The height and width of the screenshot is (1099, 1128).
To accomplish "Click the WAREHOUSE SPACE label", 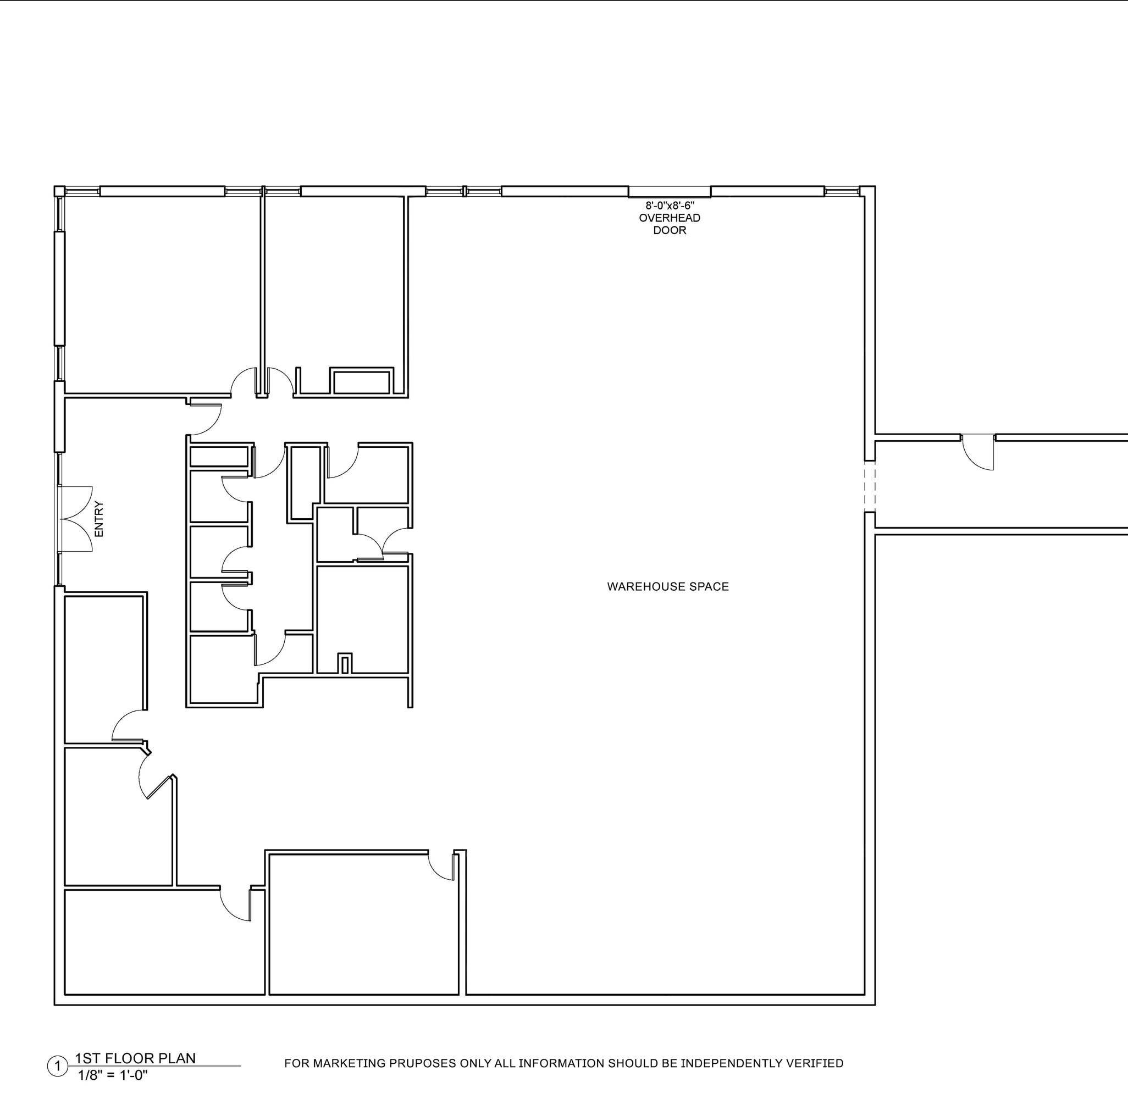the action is (x=668, y=586).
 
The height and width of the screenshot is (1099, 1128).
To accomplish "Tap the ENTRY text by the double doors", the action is (x=99, y=519).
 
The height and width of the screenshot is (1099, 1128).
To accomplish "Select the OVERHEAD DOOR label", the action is (x=670, y=224).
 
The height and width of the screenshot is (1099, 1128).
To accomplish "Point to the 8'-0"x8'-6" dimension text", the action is (x=670, y=206).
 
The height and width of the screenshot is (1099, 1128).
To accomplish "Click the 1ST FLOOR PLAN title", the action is (x=135, y=1057).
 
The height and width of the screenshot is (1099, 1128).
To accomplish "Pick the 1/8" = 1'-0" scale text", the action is (x=113, y=1075).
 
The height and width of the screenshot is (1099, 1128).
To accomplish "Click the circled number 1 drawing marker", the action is (x=57, y=1066).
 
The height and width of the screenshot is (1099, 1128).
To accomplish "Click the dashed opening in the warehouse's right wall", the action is (x=870, y=487).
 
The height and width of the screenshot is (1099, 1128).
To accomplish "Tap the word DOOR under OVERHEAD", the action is (x=670, y=230).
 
